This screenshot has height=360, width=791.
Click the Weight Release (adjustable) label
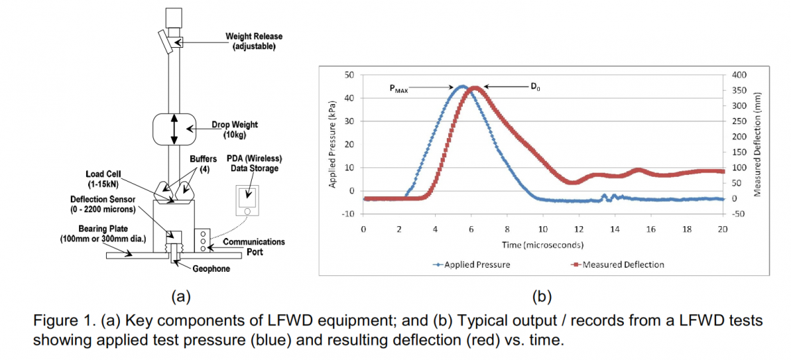pyautogui.click(x=254, y=41)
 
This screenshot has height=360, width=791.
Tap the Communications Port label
pyautogui.click(x=255, y=246)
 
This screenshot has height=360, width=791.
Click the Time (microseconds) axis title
pyautogui.click(x=543, y=245)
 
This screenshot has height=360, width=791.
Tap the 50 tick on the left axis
pyautogui.click(x=352, y=74)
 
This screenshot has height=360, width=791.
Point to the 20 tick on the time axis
pyautogui.click(x=722, y=228)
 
